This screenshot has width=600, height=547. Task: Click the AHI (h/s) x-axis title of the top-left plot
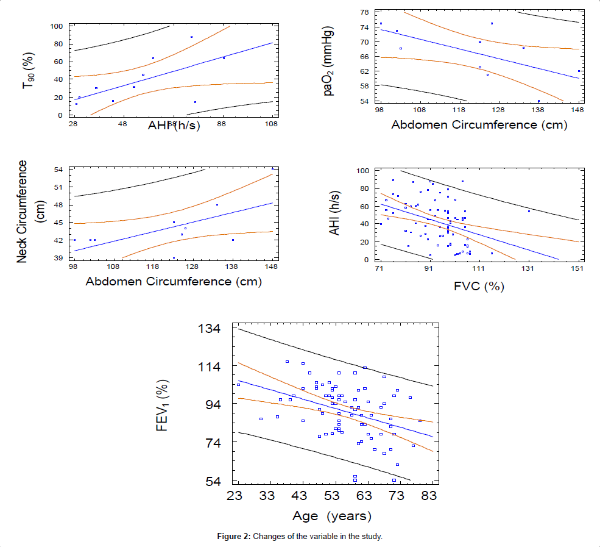tap(177, 126)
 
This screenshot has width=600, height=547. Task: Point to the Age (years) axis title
tap(331, 517)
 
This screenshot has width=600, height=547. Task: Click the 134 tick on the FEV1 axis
tap(210, 329)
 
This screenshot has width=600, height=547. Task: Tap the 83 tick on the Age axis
tap(429, 496)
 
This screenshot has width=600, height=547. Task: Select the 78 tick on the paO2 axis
tap(364, 12)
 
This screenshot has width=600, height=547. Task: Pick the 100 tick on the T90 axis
tap(57, 26)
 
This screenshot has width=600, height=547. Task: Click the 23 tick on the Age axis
tap(235, 496)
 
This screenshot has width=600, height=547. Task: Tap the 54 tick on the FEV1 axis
tap(213, 482)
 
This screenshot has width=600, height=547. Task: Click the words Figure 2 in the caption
tap(234, 537)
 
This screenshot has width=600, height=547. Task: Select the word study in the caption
tap(370, 537)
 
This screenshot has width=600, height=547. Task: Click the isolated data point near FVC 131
tap(529, 211)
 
